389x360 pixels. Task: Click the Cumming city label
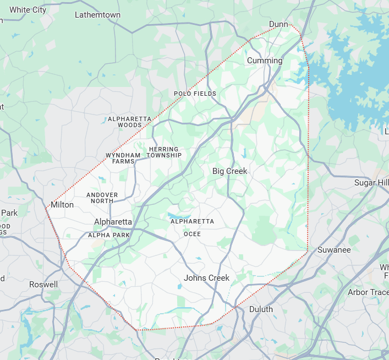265,61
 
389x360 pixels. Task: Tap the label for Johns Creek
207,278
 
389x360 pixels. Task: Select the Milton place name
62,205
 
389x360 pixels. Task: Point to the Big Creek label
230,171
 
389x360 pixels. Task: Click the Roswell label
43,285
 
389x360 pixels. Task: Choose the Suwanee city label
334,250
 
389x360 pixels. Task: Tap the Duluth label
261,309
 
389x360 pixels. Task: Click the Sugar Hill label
371,183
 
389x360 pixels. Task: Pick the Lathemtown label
97,15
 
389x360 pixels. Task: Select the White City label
28,10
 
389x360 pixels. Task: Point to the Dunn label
278,24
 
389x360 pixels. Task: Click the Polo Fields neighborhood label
195,94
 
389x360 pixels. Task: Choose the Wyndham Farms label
123,159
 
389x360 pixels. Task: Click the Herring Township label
164,152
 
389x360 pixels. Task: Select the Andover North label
102,198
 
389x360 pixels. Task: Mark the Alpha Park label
109,235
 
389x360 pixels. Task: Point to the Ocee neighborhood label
192,234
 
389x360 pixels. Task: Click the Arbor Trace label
368,292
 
